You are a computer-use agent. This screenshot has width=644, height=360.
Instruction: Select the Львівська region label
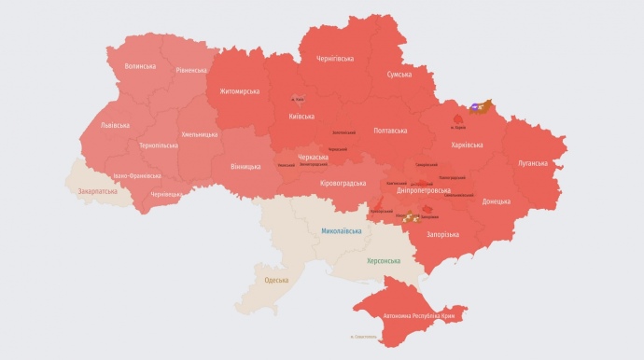pos(116,125)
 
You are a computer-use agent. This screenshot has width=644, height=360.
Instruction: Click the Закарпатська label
pos(98,190)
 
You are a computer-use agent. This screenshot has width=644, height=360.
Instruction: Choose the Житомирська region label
pos(239,91)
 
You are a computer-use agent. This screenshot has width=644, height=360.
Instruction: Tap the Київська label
pos(301,117)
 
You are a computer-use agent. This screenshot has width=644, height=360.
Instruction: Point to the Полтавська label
pos(391,131)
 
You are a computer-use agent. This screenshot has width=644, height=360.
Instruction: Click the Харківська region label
pos(467,145)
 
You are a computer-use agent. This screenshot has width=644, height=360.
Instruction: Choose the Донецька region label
pos(497,201)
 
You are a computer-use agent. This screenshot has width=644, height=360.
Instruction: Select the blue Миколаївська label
pos(342,229)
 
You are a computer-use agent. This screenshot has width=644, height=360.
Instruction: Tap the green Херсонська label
pos(384,260)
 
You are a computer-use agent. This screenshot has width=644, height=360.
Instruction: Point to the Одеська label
pos(276,280)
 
